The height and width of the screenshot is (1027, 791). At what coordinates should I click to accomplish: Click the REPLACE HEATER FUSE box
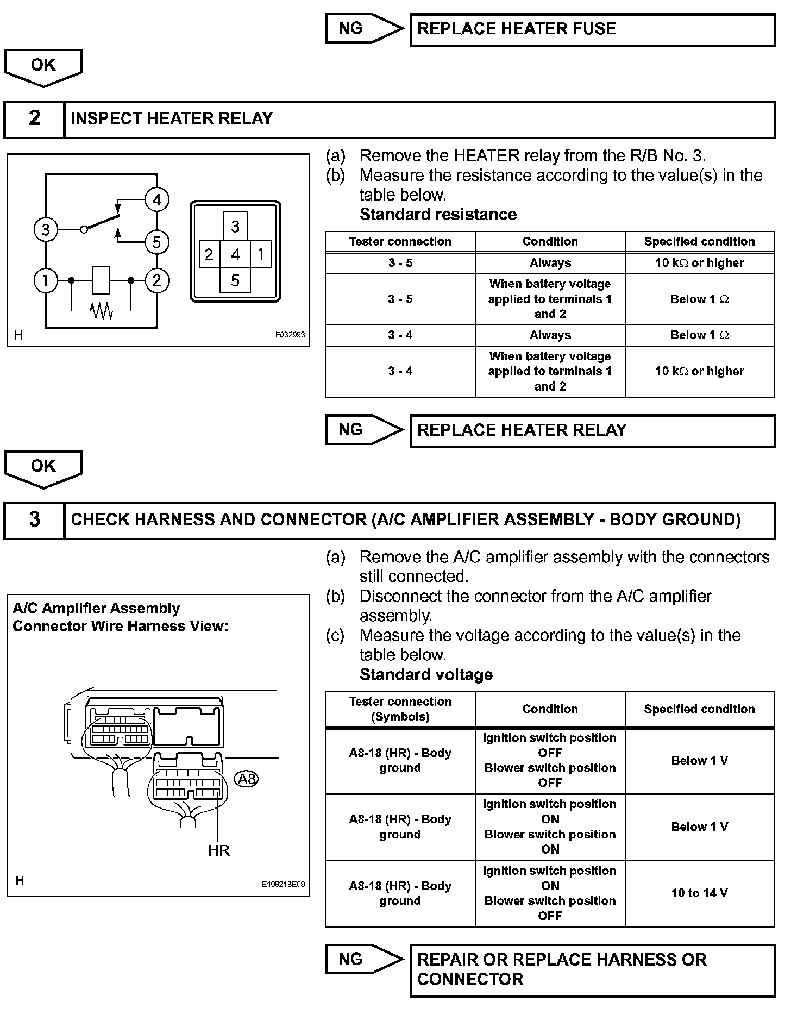tap(592, 29)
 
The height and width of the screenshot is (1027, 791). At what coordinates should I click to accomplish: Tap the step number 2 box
tap(34, 118)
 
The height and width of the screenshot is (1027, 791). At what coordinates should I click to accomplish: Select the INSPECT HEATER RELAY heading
tap(172, 118)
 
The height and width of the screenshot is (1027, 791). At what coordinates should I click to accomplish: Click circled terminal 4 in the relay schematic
tap(156, 200)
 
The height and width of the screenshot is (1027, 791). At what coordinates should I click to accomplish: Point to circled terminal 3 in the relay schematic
tap(46, 229)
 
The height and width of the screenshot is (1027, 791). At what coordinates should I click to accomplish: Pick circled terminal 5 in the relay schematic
tap(156, 242)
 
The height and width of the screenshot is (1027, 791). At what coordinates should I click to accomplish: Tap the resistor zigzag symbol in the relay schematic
tap(102, 311)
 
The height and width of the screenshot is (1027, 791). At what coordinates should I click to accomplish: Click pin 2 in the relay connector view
tap(209, 254)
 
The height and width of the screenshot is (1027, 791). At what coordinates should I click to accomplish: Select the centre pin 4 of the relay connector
tap(235, 254)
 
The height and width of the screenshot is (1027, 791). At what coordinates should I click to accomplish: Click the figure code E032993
tap(290, 335)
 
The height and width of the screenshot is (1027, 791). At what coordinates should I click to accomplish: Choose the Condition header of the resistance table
tap(550, 242)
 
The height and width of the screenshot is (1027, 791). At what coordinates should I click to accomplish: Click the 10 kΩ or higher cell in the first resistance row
tap(699, 263)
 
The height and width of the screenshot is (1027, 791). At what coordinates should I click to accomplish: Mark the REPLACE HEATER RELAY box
tap(592, 431)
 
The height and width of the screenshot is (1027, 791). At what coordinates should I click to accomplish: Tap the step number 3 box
tap(34, 519)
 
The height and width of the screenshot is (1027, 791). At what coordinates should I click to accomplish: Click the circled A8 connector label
tap(247, 779)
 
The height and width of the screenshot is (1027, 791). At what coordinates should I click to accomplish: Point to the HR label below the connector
tap(219, 850)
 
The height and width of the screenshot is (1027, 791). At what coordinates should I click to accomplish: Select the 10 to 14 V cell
tap(699, 893)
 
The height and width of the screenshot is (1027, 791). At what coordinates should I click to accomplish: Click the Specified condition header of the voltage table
tap(699, 709)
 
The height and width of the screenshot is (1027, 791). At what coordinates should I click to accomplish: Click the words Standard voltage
tap(426, 675)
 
